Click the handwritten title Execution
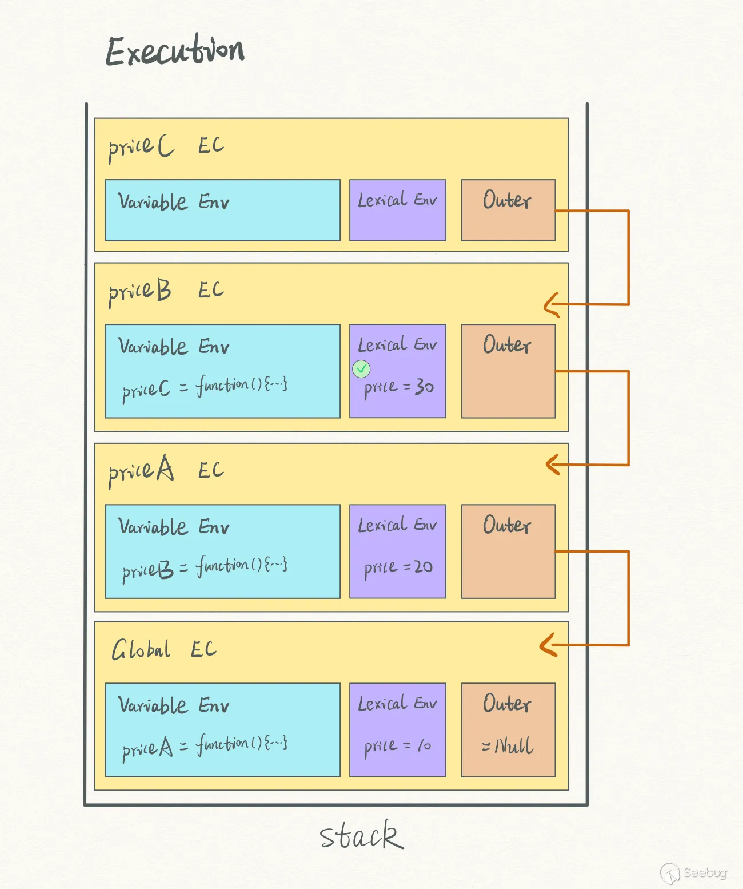175,50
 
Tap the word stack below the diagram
361,836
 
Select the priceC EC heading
166,146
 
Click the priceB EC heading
166,291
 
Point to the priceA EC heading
166,471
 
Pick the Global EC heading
163,650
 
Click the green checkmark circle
361,369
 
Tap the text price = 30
399,388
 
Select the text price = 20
398,567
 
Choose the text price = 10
398,746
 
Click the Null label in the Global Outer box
508,745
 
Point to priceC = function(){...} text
205,387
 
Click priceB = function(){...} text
205,568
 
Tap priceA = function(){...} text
205,747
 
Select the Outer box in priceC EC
508,210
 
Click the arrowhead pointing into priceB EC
551,305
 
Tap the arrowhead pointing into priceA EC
553,464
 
